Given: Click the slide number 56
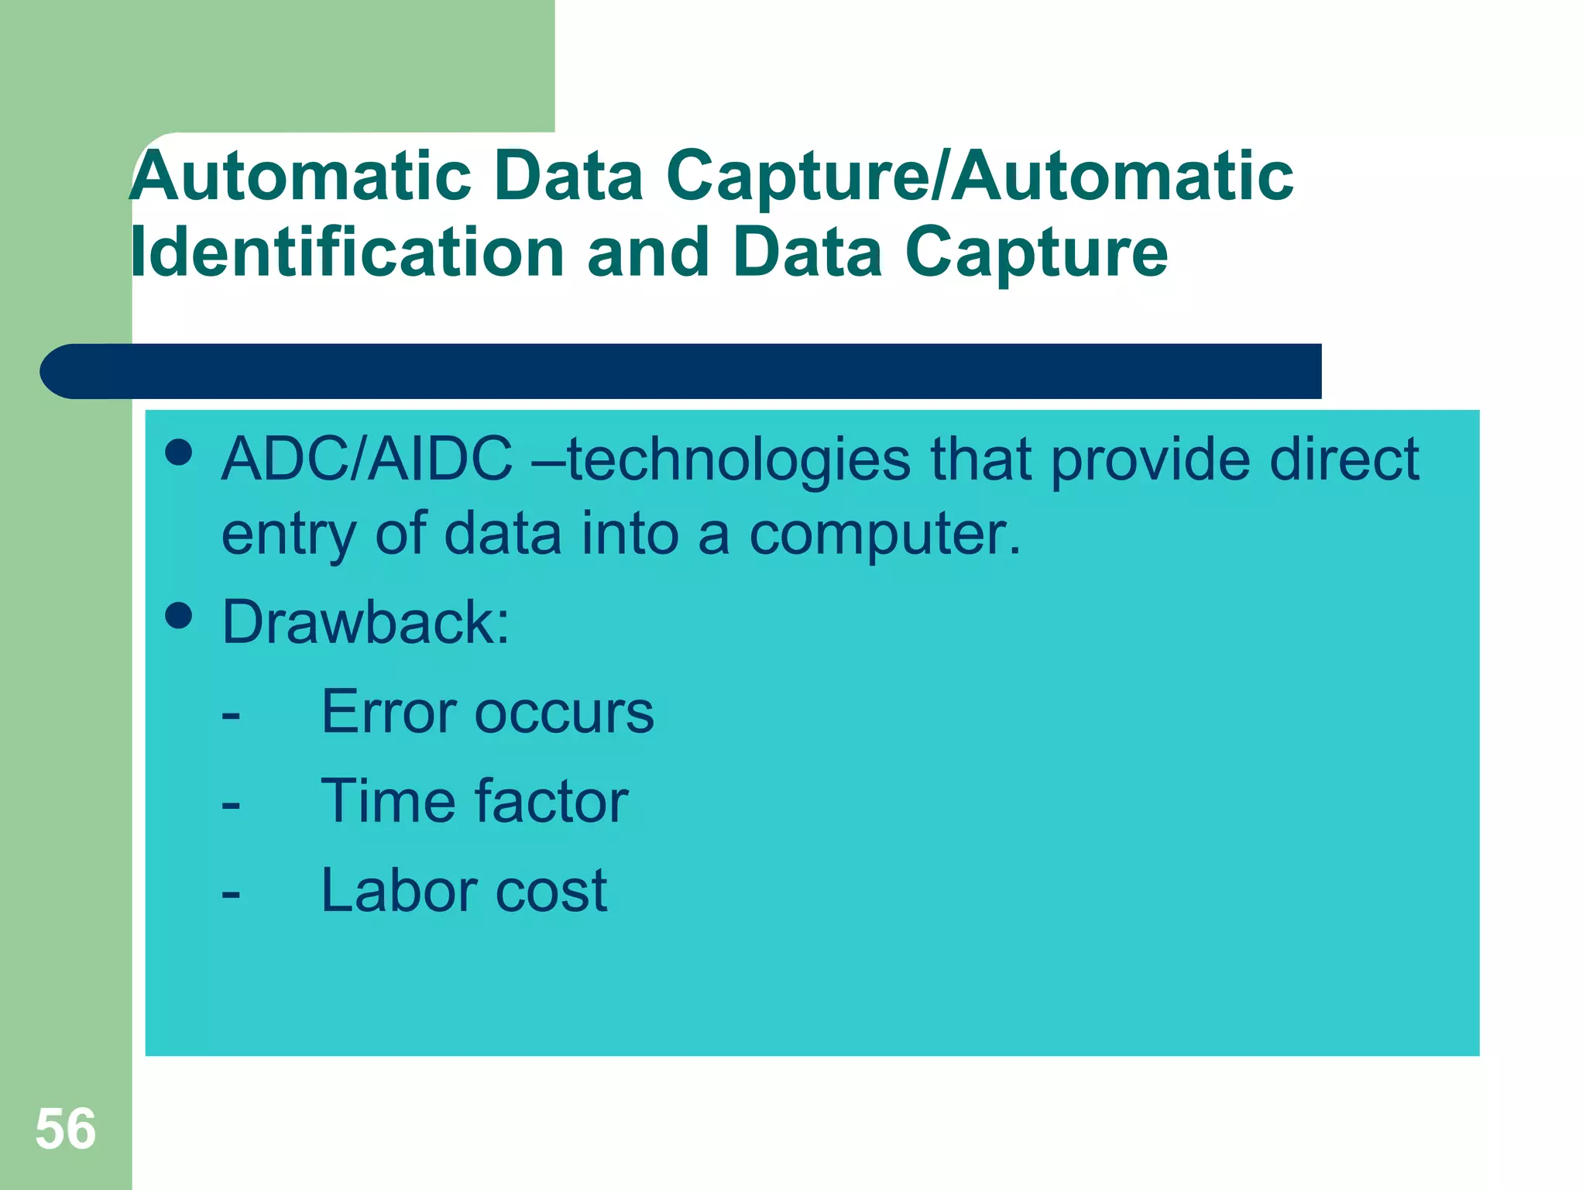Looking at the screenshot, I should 66,1129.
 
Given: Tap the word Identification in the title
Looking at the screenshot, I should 347,253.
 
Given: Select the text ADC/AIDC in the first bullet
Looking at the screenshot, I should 366,459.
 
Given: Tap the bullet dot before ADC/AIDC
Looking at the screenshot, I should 179,452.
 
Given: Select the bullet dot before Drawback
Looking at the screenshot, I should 179,616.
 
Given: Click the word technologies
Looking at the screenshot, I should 739,459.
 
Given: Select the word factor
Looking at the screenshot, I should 551,801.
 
